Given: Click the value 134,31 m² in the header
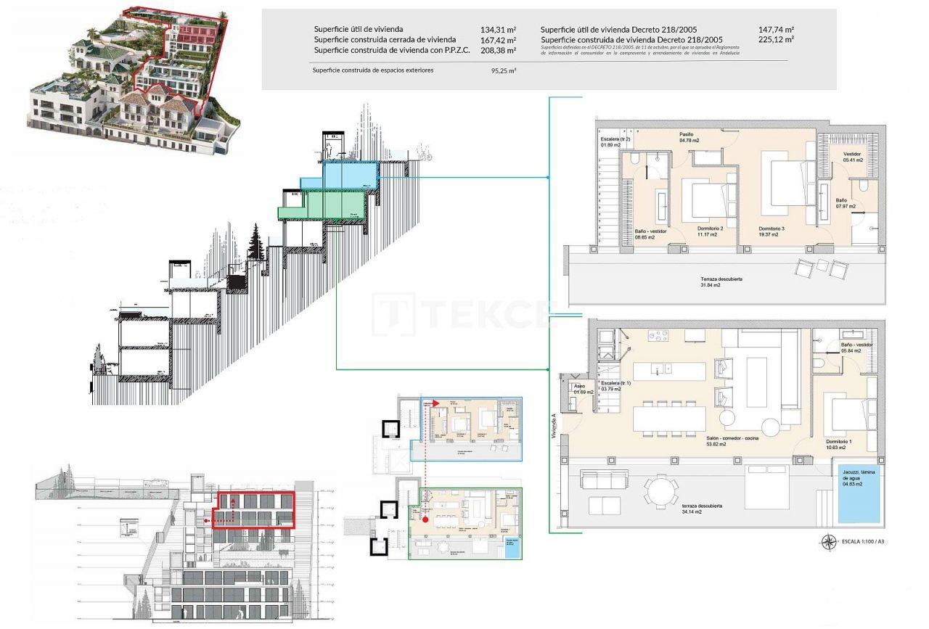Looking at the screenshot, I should coord(498,30).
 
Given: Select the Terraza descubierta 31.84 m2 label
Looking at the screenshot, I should coord(721,282).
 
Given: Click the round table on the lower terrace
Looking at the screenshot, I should coord(662,490).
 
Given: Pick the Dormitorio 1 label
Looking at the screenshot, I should coord(840,444).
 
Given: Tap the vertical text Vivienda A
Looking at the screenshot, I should coord(554,426).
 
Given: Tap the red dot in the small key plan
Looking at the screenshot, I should coord(425,519).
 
